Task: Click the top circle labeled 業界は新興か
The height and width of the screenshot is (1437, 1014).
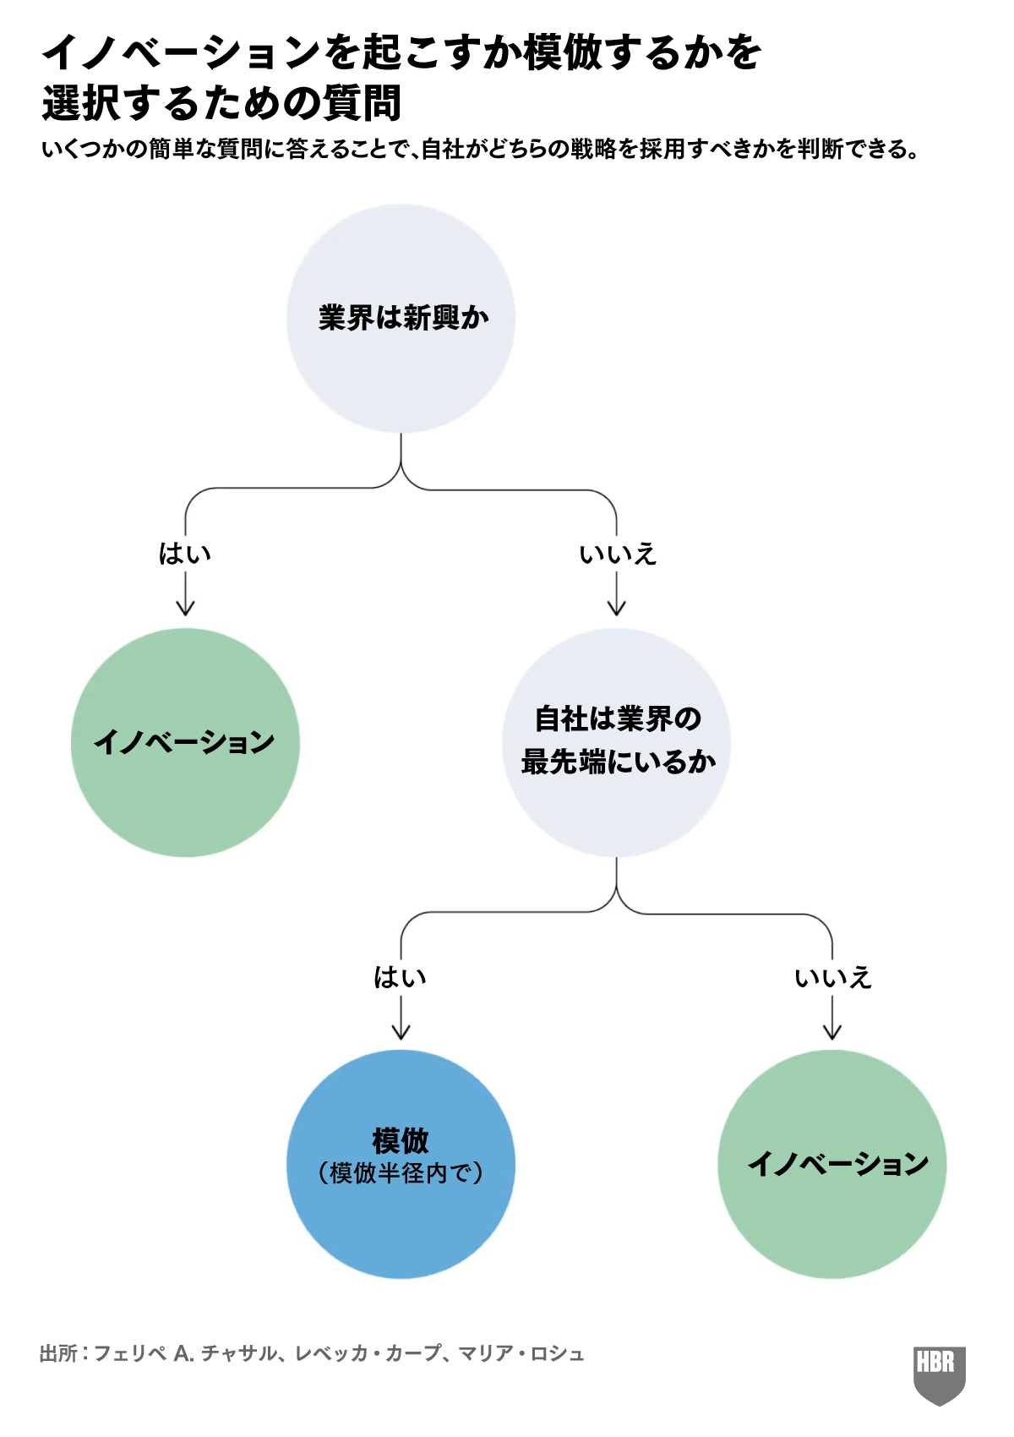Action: [x=401, y=319]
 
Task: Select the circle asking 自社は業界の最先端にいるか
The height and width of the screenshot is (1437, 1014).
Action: [x=617, y=741]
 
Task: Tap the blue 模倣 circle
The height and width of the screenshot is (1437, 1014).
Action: [x=401, y=1164]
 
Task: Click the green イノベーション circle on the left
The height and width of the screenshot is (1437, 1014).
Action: [x=185, y=741]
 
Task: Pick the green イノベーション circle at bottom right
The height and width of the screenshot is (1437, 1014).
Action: [x=832, y=1164]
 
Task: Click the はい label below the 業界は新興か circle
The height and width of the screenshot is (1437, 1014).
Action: [x=185, y=554]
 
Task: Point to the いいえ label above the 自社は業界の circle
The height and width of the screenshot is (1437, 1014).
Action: [x=618, y=554]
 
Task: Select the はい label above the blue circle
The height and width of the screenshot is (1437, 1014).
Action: [x=401, y=977]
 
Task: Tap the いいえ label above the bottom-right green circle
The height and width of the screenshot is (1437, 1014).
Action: [x=832, y=977]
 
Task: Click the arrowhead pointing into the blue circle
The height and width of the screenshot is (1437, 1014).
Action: [x=401, y=1031]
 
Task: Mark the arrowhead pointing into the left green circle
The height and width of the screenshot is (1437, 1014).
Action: [x=185, y=608]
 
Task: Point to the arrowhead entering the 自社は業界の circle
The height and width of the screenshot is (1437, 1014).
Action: [x=617, y=608]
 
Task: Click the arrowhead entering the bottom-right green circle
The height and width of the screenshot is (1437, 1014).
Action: [x=832, y=1031]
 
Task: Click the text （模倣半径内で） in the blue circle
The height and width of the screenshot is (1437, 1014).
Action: [x=401, y=1173]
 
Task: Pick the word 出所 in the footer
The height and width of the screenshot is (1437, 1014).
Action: [x=58, y=1353]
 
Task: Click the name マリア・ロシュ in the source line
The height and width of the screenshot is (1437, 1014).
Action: [x=521, y=1353]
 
